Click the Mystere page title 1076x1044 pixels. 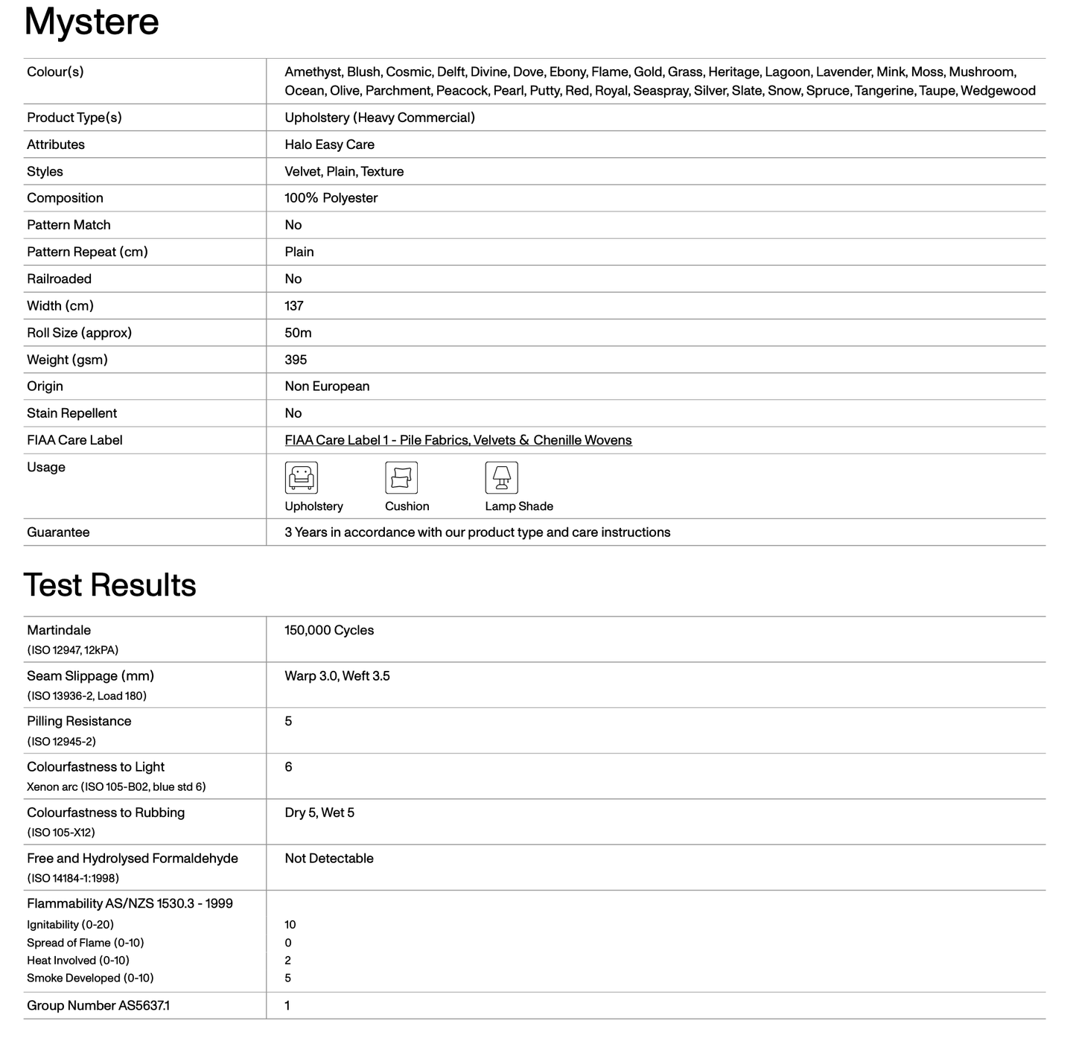(x=92, y=22)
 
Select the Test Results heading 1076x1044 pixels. (x=109, y=585)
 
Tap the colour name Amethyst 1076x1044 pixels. (x=313, y=72)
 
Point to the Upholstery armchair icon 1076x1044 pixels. (x=301, y=477)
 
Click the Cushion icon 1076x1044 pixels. (x=401, y=477)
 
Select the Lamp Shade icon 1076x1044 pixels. (x=501, y=477)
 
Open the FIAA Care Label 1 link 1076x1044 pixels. (x=458, y=440)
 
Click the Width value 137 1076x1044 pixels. (x=294, y=306)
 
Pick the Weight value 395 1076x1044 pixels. (x=296, y=360)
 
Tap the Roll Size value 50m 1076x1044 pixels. (x=298, y=333)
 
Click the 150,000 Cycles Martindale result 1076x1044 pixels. (x=329, y=630)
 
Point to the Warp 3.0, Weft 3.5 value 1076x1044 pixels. (x=337, y=676)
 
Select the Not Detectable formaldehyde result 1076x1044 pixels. (x=329, y=859)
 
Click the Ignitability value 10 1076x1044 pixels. (x=290, y=925)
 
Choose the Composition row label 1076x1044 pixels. (x=65, y=198)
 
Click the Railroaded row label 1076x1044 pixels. (x=59, y=279)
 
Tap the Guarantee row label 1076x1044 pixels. (x=58, y=532)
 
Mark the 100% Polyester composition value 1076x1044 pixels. (x=331, y=198)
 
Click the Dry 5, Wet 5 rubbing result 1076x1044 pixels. (x=319, y=812)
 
